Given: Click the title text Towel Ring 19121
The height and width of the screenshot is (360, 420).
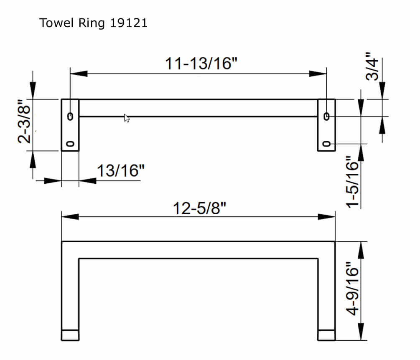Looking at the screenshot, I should pos(93,23).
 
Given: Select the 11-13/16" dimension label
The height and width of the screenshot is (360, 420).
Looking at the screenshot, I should pos(201,63).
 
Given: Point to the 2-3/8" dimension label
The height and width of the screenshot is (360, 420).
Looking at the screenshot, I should pos(25,121).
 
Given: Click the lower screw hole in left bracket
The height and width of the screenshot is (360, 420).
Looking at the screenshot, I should pos(70,144).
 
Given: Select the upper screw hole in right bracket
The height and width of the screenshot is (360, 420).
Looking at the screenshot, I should pos(327,116).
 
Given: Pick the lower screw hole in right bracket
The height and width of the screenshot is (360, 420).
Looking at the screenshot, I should pos(327,144).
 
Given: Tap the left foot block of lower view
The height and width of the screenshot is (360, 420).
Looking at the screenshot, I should pos(70,335).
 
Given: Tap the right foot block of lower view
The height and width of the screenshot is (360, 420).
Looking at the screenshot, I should pos(326,335).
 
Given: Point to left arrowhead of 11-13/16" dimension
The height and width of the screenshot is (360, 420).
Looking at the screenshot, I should pos(79,74).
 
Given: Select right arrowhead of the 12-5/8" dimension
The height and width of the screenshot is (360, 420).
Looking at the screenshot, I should pos(327,217).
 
